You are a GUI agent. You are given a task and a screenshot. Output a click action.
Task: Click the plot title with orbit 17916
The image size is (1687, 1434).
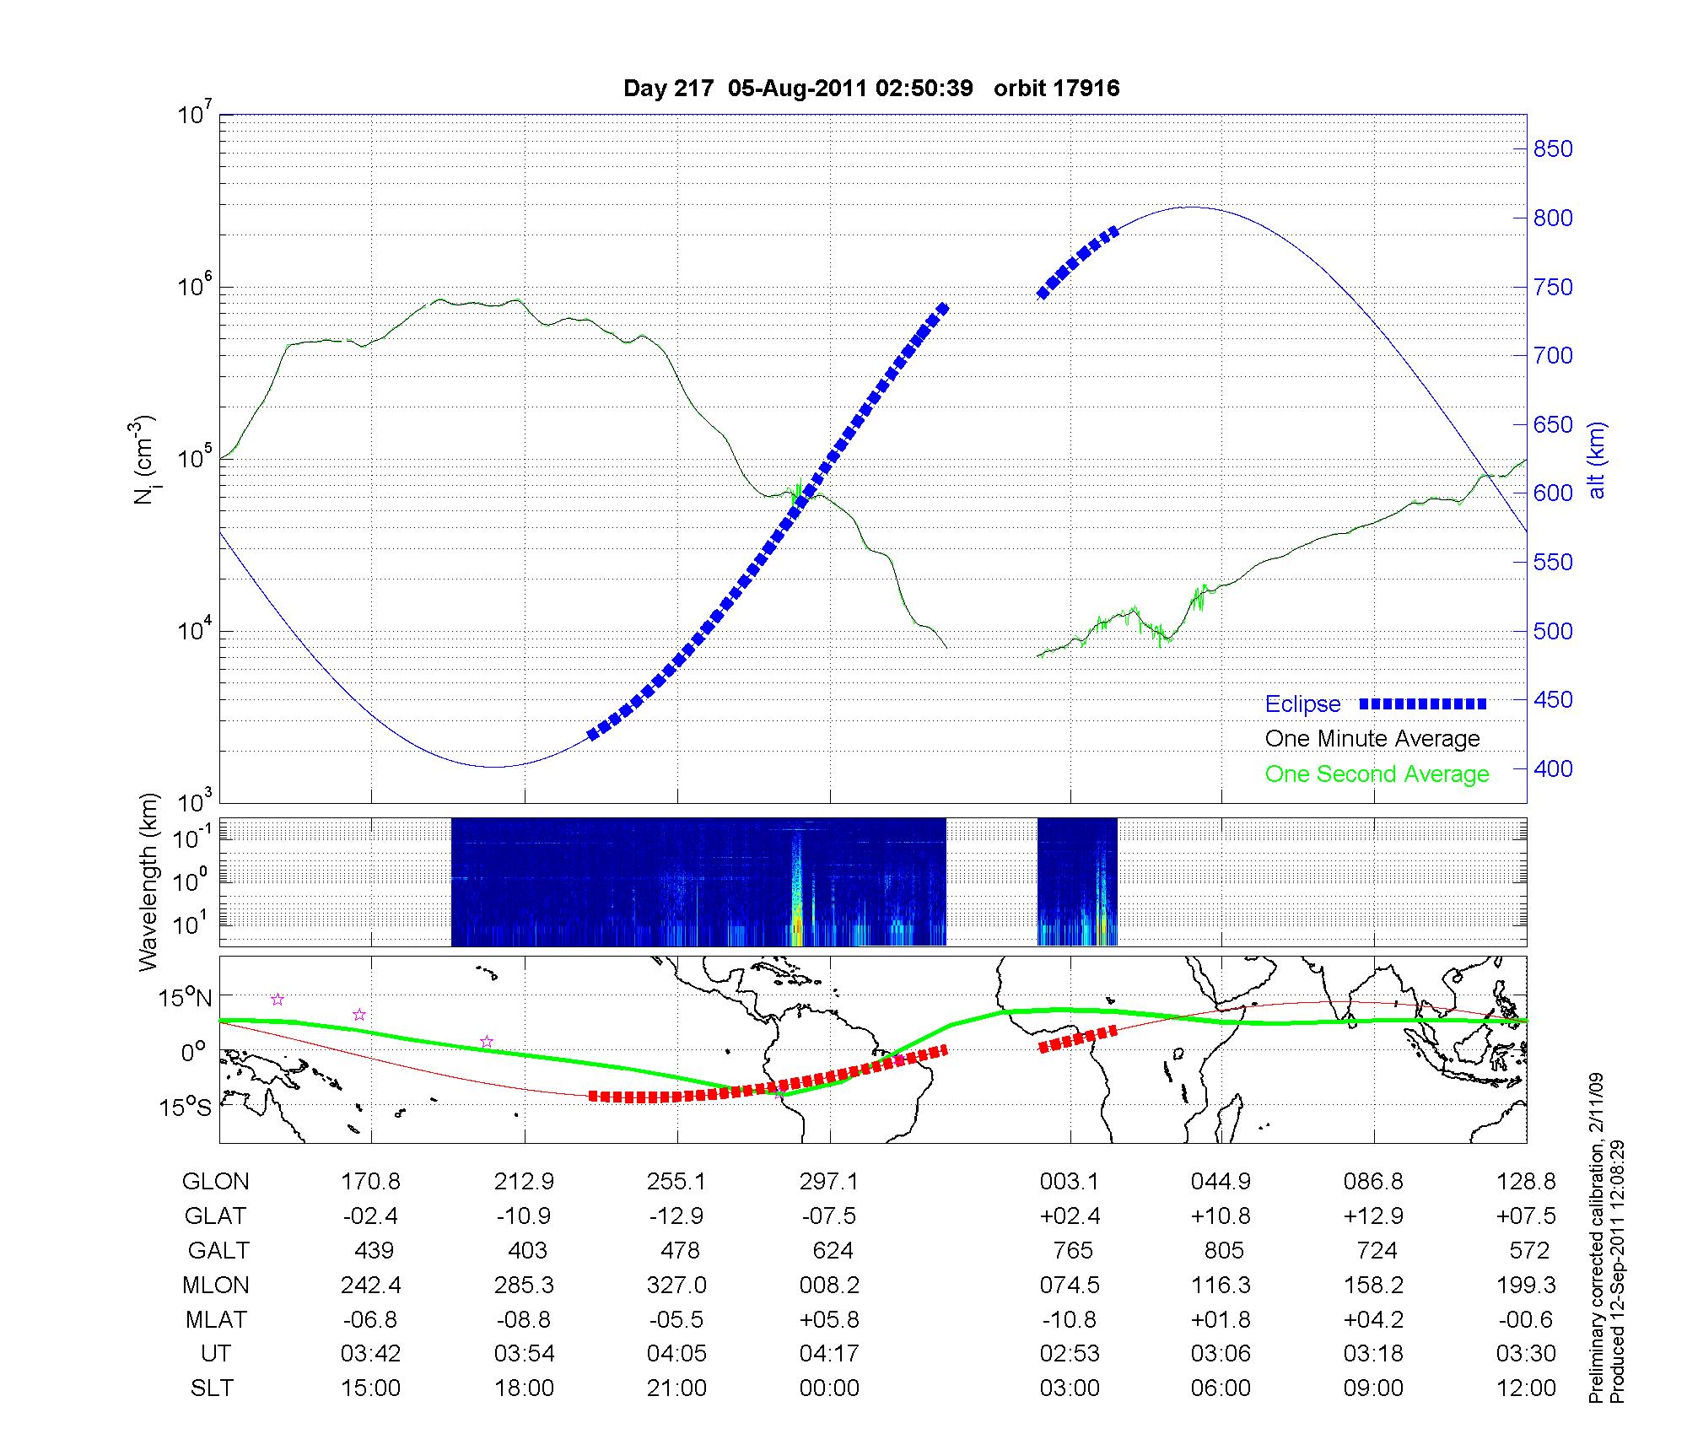(x=871, y=89)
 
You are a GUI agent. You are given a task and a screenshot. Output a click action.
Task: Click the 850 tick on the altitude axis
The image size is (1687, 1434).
(x=1553, y=149)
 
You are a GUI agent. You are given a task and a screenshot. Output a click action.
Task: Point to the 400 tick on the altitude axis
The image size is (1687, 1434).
(x=1553, y=768)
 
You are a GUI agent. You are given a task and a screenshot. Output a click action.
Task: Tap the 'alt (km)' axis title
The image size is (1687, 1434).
(x=1596, y=461)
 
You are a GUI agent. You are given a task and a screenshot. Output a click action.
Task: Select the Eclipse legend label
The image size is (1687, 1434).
(x=1302, y=704)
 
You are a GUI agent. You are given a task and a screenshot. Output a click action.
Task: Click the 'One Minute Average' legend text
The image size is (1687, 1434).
(x=1372, y=739)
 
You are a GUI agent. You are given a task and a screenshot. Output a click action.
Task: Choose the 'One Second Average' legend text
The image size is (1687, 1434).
(x=1377, y=774)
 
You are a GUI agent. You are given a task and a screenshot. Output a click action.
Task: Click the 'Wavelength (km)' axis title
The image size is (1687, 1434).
(x=148, y=882)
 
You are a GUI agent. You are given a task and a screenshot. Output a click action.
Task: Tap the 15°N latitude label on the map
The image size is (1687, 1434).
(x=186, y=998)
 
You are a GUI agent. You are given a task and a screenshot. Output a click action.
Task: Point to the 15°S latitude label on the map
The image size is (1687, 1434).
(x=186, y=1107)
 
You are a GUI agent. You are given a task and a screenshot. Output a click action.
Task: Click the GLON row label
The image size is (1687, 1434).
(x=215, y=1182)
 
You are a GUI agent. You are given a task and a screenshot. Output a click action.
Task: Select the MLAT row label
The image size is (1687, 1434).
(x=215, y=1319)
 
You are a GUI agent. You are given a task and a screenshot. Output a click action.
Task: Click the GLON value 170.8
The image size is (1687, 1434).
(x=370, y=1182)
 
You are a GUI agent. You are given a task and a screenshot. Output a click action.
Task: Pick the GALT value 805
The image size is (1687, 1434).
(x=1223, y=1250)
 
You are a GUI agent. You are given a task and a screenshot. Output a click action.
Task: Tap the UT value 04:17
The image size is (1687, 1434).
(x=829, y=1354)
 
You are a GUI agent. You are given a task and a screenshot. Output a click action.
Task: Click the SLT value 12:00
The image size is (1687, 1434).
(x=1528, y=1388)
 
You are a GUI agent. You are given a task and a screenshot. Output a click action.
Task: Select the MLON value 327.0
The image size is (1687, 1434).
(x=676, y=1285)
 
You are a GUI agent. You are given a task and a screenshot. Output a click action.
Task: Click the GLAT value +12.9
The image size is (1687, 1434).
(x=1374, y=1216)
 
